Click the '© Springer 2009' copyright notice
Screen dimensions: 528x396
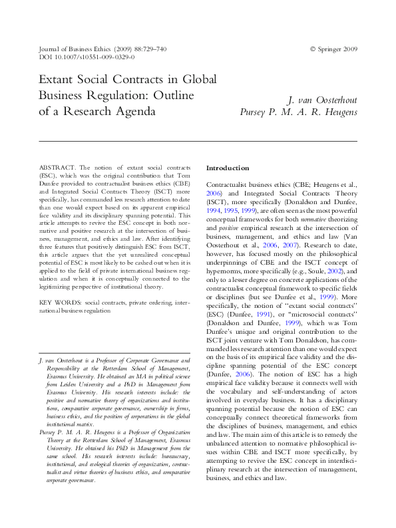(x=333, y=49)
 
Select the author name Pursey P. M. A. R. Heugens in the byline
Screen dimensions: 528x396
(x=298, y=112)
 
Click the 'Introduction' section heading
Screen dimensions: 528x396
(x=228, y=168)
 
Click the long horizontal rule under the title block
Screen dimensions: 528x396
(x=198, y=141)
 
